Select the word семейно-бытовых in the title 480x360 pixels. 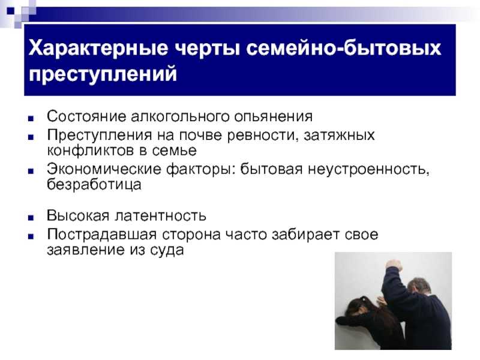pyautogui.click(x=343, y=48)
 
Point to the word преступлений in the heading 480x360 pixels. pyautogui.click(x=103, y=74)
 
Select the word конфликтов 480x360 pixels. pyautogui.click(x=91, y=151)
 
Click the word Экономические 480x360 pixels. pyautogui.click(x=104, y=169)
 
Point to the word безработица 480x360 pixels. pyautogui.click(x=94, y=185)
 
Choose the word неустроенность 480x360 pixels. pyautogui.click(x=368, y=170)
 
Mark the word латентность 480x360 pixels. pyautogui.click(x=160, y=215)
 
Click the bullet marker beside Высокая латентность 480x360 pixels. pyautogui.click(x=31, y=218)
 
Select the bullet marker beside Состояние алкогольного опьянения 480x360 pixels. pyautogui.click(x=31, y=119)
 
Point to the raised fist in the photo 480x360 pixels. pyautogui.click(x=394, y=265)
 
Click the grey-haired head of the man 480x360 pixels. pyautogui.click(x=419, y=288)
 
